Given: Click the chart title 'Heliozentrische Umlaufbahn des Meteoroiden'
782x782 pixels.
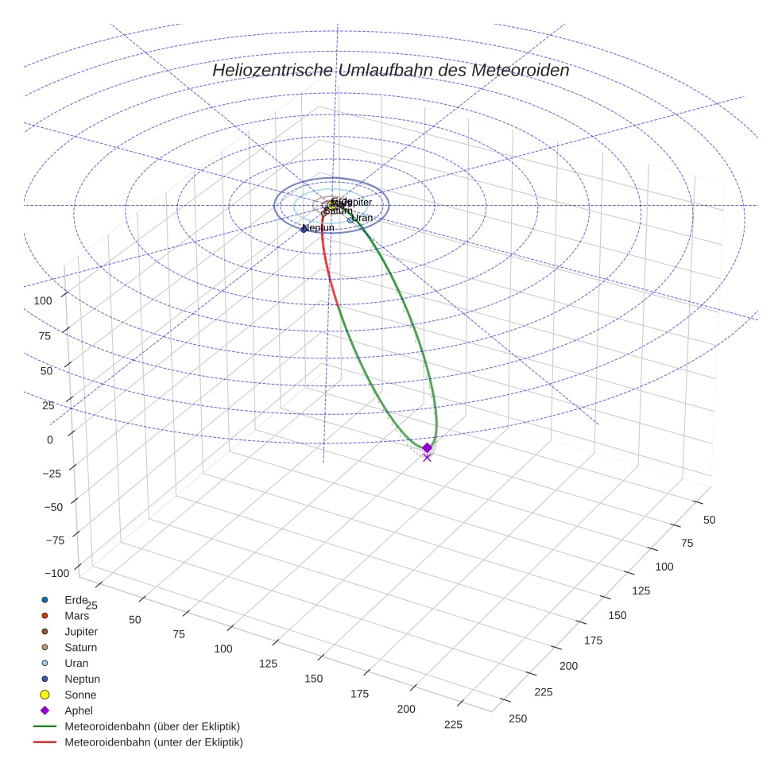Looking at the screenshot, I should coord(390,70).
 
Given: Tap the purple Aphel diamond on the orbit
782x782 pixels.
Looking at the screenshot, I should coord(427,447).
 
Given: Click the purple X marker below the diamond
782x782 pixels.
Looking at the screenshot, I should coord(427,458).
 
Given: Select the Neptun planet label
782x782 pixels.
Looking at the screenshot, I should coord(319,228).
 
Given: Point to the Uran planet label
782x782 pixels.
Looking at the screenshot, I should coord(362,218).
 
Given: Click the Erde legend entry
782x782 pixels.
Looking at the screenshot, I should coord(75,599).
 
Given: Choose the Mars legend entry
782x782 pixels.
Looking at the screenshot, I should coord(76,615).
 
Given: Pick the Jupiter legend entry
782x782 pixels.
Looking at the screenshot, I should coord(81,631).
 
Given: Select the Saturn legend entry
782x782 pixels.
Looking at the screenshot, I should coord(80,647).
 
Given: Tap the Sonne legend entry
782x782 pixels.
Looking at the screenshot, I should coord(80,695).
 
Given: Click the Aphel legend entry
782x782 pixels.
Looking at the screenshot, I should coord(79,710).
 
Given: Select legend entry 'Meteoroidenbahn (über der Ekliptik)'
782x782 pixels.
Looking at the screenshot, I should coord(152,726).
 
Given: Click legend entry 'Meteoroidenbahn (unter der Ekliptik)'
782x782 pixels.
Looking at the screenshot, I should coord(153,742).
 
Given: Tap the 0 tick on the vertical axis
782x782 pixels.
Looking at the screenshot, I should coord(50,439).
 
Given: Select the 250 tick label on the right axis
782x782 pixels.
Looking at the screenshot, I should coord(517,718).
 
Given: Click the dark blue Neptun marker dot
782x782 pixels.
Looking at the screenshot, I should coord(304,230).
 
